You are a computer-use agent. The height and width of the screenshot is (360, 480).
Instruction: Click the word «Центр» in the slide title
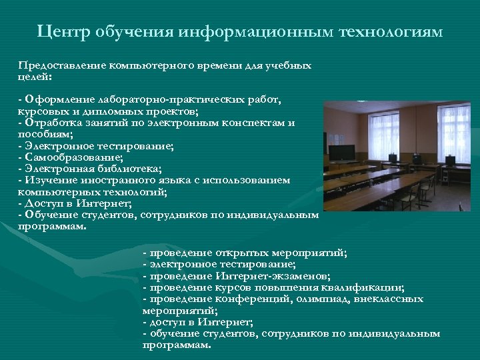tap(64, 31)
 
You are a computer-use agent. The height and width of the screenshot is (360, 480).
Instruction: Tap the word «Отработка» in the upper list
tap(51, 123)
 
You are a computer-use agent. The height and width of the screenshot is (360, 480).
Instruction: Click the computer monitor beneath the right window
tap(451, 160)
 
